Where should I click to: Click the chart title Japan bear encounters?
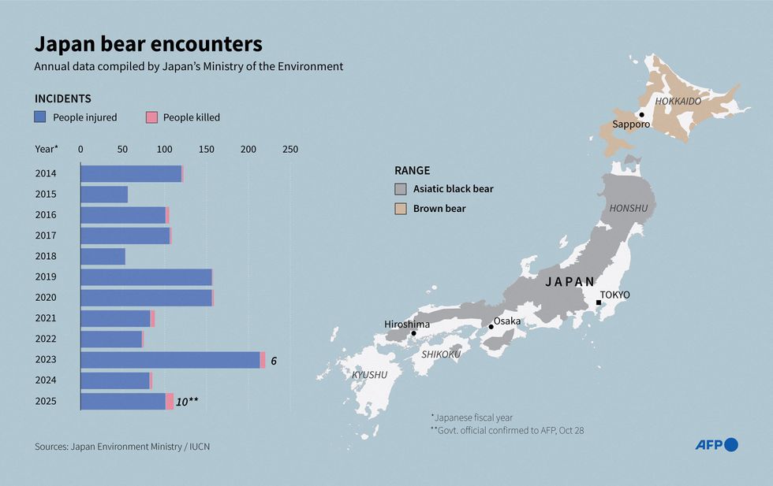(x=148, y=43)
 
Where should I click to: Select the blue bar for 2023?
(x=170, y=360)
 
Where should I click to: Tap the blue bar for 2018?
(x=103, y=257)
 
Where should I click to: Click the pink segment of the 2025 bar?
(x=170, y=401)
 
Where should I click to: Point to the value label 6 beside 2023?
(x=274, y=360)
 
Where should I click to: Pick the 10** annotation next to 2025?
(x=187, y=401)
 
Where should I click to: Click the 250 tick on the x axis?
(x=289, y=148)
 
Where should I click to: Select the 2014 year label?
(x=45, y=174)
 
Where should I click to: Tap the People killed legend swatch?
(x=152, y=117)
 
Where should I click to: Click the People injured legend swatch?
(x=41, y=117)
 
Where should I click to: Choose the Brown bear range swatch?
(x=401, y=209)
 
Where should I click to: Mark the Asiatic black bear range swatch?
(x=401, y=189)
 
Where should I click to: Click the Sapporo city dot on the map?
(x=642, y=115)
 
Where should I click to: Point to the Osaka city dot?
(x=491, y=326)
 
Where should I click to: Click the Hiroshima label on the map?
(x=407, y=324)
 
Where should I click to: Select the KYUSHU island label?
(x=370, y=375)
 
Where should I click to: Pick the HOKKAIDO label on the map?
(x=678, y=102)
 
